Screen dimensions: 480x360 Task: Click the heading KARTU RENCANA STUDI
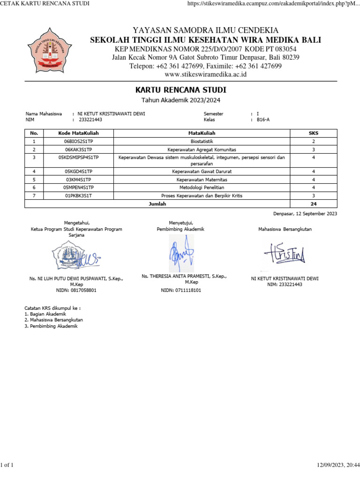[x=180, y=90]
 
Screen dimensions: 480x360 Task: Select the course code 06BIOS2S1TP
[x=79, y=141]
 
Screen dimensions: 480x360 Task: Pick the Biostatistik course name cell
[x=202, y=141]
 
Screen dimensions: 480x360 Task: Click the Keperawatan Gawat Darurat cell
[x=202, y=172]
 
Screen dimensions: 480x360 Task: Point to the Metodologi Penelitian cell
[x=202, y=187]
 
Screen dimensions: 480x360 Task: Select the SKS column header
[x=313, y=133]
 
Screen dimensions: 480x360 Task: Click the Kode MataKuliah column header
[x=79, y=133]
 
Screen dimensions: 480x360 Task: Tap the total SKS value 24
[x=313, y=204]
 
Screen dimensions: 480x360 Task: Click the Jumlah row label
[x=157, y=204]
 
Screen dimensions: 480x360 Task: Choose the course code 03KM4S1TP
[x=79, y=180]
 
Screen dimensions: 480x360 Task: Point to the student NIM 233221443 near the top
[x=90, y=120]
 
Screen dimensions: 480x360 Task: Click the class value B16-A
[x=263, y=120]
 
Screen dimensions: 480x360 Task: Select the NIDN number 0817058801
[x=76, y=291]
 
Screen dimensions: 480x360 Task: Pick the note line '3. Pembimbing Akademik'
[x=51, y=326]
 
